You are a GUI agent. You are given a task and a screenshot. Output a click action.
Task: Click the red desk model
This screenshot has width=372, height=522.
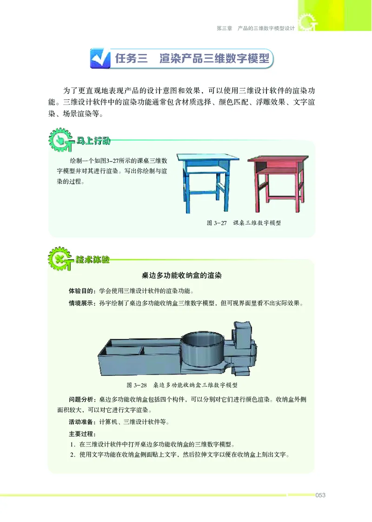pyautogui.click(x=276, y=179)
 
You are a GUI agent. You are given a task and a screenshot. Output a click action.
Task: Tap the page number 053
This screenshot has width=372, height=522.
pyautogui.click(x=320, y=495)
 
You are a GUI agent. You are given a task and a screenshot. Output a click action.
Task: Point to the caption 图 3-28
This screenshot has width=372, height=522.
pyautogui.click(x=136, y=385)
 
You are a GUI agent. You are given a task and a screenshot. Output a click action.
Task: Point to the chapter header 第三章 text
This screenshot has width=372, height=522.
pyautogui.click(x=224, y=28)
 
